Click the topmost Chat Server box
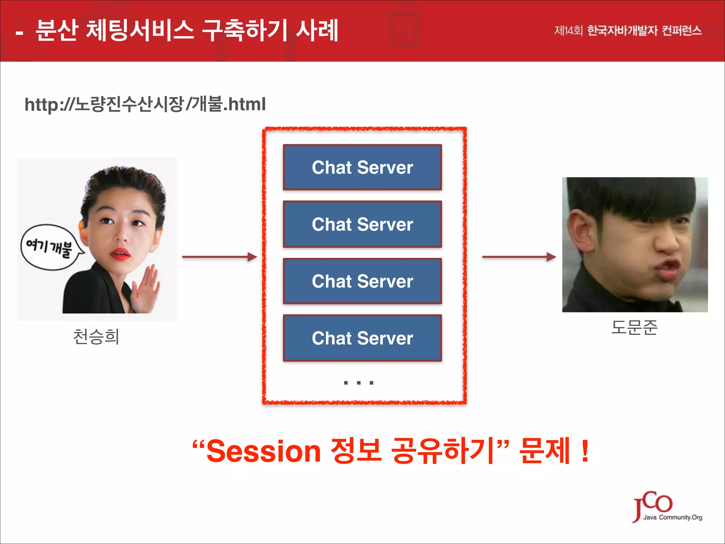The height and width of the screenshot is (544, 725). [x=362, y=167]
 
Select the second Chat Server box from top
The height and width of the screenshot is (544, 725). [x=362, y=224]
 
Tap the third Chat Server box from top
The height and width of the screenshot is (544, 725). [x=362, y=281]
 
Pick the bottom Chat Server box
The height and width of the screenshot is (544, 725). [x=362, y=338]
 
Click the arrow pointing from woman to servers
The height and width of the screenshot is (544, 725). [x=219, y=257]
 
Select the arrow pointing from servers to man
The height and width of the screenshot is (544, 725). [x=519, y=257]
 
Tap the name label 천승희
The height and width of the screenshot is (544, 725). [x=96, y=336]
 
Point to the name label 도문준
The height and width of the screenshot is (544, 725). [x=634, y=327]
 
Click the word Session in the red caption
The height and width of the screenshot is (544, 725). [x=263, y=451]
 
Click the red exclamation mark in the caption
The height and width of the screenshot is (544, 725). [x=585, y=451]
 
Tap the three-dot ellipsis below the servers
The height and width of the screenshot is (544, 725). [x=359, y=382]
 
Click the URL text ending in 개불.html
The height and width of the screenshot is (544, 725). [x=145, y=104]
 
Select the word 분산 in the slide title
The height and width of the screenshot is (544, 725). [x=57, y=30]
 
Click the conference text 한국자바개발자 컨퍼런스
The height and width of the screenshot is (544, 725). [x=644, y=31]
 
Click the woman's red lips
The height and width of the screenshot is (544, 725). [x=120, y=254]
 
